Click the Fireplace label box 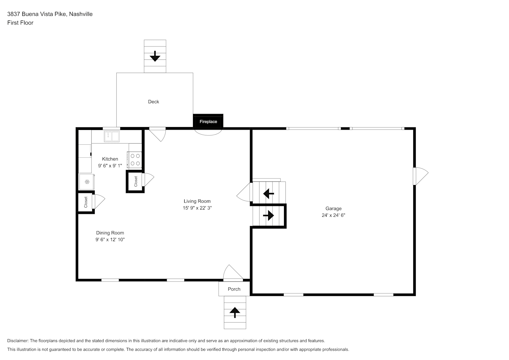(x=208, y=121)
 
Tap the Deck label (x=153, y=102)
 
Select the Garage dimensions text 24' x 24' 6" (x=333, y=215)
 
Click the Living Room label (x=197, y=201)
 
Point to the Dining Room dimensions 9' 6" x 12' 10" (x=110, y=239)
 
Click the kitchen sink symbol (x=112, y=136)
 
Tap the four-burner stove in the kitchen (x=135, y=160)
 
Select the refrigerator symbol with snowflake (x=87, y=181)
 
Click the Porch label (x=234, y=289)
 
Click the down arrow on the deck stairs (x=155, y=56)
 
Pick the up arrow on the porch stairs (x=235, y=312)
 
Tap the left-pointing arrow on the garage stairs (x=269, y=194)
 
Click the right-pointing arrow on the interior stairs (x=269, y=215)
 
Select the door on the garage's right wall (x=420, y=176)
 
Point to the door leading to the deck (x=157, y=134)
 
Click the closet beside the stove (x=136, y=181)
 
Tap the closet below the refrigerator (x=86, y=202)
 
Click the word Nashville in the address (x=81, y=14)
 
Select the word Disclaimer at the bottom (x=18, y=341)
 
